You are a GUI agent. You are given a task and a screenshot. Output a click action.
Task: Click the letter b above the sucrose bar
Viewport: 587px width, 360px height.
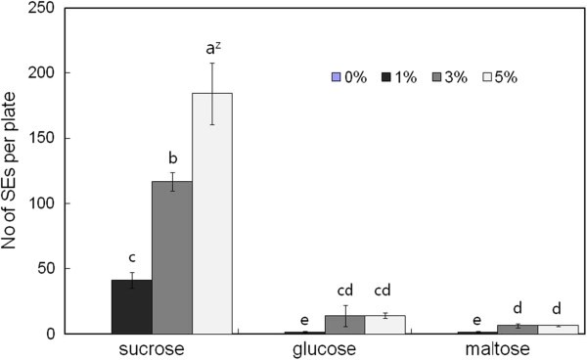pos(171,157)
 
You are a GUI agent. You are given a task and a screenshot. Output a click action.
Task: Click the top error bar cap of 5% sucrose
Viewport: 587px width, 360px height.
pos(211,64)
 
